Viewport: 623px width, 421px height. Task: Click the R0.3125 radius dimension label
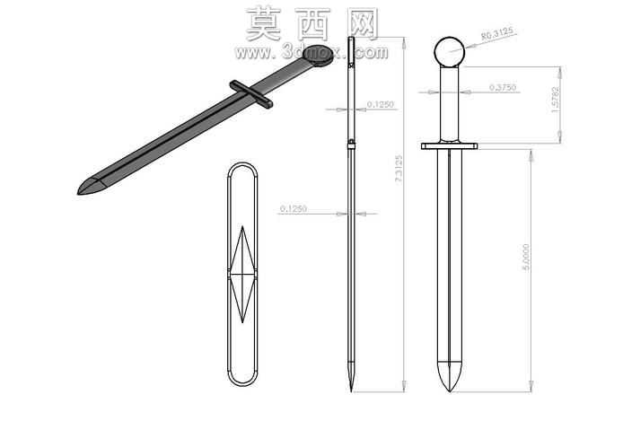click(x=496, y=34)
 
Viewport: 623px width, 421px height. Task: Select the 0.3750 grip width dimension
click(x=502, y=87)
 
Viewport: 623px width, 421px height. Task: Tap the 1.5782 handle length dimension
click(x=556, y=100)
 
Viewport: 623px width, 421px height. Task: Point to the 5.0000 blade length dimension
click(x=526, y=257)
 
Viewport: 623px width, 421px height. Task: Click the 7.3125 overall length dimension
click(x=399, y=169)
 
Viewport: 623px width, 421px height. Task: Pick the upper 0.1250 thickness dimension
click(x=380, y=104)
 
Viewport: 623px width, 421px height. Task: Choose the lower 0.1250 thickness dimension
click(x=294, y=208)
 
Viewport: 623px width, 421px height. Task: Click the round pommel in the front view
click(x=450, y=52)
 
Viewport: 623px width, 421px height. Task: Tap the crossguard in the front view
click(x=450, y=146)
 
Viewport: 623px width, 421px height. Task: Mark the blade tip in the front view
click(x=450, y=391)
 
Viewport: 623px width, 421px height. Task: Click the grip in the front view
click(x=450, y=104)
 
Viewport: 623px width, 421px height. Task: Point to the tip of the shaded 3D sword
click(x=78, y=194)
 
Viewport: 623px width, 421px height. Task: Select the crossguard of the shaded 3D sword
click(x=251, y=94)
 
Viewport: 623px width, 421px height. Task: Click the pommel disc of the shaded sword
click(x=318, y=55)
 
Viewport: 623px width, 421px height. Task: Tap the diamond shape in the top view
click(x=242, y=274)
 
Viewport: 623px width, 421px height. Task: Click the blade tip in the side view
click(x=351, y=391)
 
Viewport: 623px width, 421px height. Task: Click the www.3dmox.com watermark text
click(x=311, y=52)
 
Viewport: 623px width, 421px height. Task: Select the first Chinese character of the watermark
click(x=264, y=24)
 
